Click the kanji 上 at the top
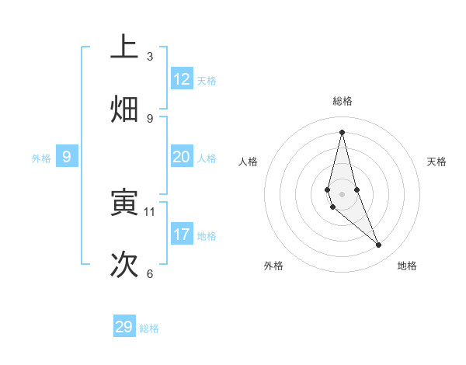[124, 47]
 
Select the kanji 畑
[124, 109]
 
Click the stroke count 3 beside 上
[150, 56]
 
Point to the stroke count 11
[150, 211]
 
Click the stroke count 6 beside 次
[150, 273]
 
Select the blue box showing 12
[182, 79]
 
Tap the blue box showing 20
[182, 157]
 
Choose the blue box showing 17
[182, 234]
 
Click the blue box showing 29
[124, 327]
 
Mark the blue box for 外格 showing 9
[67, 157]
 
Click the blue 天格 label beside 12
[207, 81]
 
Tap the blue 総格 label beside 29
[149, 328]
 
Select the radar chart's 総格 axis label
[343, 101]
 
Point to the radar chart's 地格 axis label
[407, 266]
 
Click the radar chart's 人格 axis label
[249, 162]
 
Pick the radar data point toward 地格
[379, 245]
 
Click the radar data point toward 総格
[342, 132]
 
